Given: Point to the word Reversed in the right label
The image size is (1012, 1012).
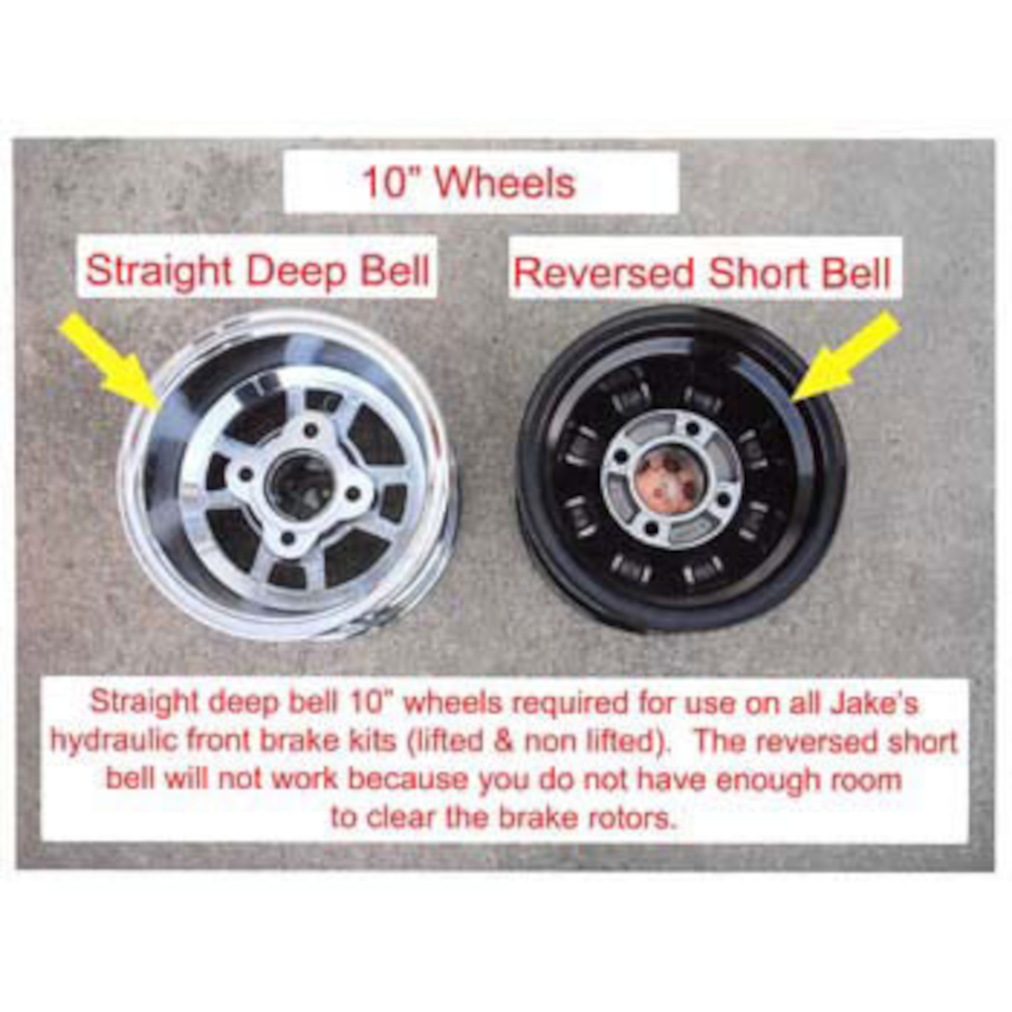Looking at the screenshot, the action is click(604, 273).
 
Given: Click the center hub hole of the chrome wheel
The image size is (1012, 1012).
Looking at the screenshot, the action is click(299, 486).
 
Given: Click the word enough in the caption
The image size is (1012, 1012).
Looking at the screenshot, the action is click(772, 780).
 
